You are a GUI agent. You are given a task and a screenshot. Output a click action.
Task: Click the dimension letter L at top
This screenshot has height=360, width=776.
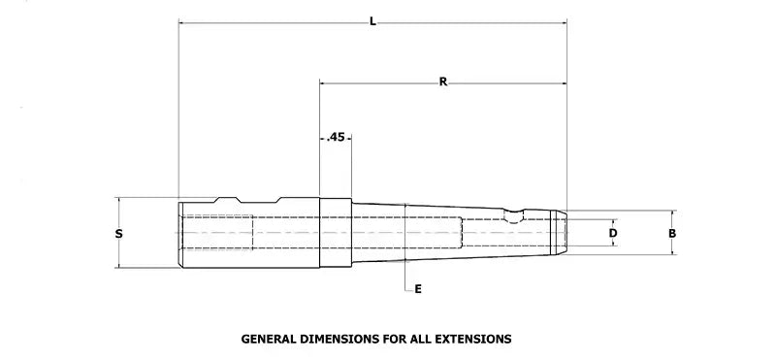(x=372, y=21)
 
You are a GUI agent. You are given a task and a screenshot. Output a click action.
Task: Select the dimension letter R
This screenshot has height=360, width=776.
(x=443, y=82)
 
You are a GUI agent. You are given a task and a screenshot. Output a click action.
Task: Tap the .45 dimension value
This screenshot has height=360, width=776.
(x=336, y=137)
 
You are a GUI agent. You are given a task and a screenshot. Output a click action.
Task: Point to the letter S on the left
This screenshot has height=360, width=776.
(x=118, y=233)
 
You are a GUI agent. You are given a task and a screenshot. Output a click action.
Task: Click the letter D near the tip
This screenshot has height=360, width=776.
(x=613, y=233)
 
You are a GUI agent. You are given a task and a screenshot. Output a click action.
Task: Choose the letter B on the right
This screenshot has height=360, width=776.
(x=672, y=233)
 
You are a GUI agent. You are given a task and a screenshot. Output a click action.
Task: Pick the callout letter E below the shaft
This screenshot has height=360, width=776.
(x=418, y=289)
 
